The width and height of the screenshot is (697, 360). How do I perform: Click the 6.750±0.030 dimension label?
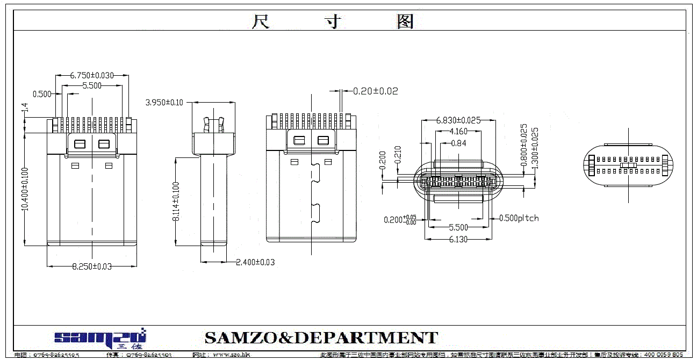pyautogui.click(x=92, y=76)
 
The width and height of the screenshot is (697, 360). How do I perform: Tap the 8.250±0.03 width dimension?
pyautogui.click(x=92, y=266)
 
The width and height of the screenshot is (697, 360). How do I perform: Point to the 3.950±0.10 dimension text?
pyautogui.click(x=165, y=102)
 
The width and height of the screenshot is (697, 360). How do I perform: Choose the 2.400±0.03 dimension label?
pyautogui.click(x=256, y=262)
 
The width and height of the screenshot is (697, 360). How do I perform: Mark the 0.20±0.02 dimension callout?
pyautogui.click(x=376, y=91)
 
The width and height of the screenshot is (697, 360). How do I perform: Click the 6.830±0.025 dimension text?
pyautogui.click(x=458, y=120)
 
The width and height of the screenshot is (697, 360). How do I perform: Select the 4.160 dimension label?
pyautogui.click(x=458, y=132)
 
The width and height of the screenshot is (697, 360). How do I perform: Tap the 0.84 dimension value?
pyautogui.click(x=458, y=143)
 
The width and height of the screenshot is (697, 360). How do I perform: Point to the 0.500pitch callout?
pyautogui.click(x=519, y=218)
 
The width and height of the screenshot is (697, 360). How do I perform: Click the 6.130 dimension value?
pyautogui.click(x=458, y=240)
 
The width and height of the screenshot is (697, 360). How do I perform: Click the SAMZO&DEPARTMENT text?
pyautogui.click(x=321, y=338)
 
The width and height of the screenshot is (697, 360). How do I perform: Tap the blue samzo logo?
pyautogui.click(x=100, y=337)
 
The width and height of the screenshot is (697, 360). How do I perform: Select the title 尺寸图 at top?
pyautogui.click(x=333, y=21)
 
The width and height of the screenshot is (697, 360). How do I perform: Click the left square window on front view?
pyautogui.click(x=80, y=144)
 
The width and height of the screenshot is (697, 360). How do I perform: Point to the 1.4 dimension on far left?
pyautogui.click(x=25, y=109)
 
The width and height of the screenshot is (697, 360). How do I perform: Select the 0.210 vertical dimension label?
pyautogui.click(x=398, y=155)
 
